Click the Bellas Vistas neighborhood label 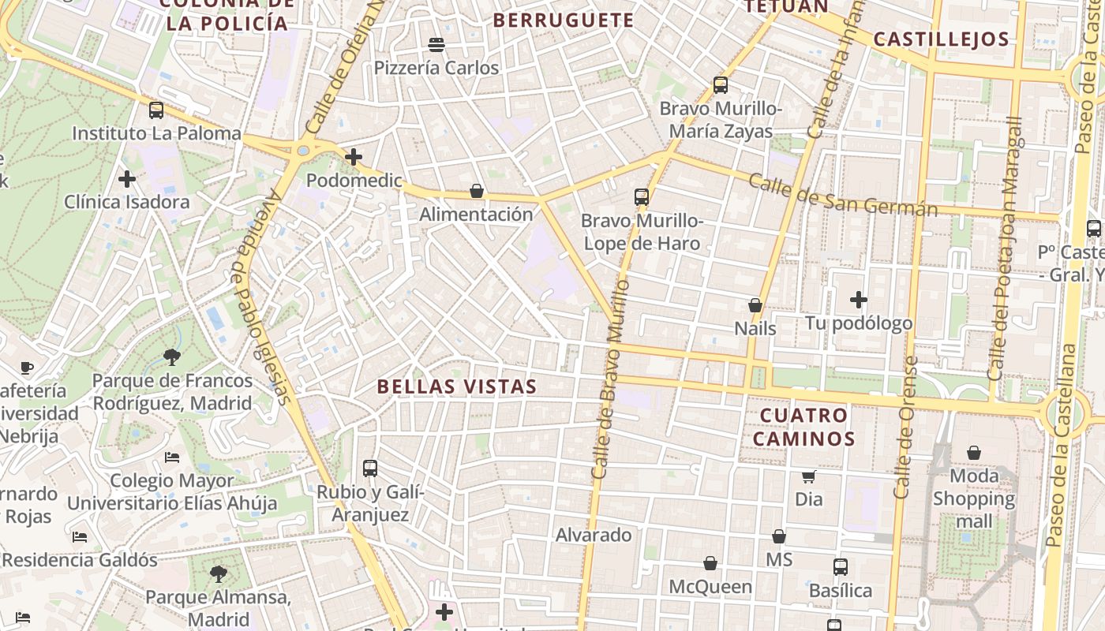tap(457, 386)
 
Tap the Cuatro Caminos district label tap(804, 427)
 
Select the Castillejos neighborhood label tap(942, 39)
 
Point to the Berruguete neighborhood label tap(564, 21)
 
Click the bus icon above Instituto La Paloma tap(156, 110)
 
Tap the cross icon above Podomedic tap(354, 157)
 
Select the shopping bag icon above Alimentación tap(477, 191)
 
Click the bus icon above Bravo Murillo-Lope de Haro tap(642, 197)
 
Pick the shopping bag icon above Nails tap(755, 305)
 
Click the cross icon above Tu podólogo tap(859, 300)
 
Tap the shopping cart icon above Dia tap(808, 476)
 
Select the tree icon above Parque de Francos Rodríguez tap(171, 357)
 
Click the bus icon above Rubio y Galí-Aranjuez tap(370, 469)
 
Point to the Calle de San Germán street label tap(842, 195)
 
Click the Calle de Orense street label tap(905, 428)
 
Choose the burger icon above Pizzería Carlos tap(436, 44)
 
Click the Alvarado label tap(594, 535)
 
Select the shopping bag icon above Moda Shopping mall tap(974, 453)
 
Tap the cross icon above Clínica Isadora tap(127, 179)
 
